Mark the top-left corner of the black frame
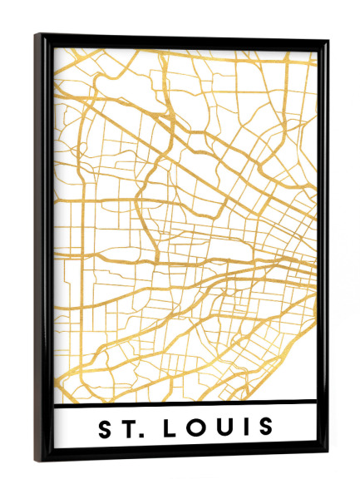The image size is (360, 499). tap(38, 35)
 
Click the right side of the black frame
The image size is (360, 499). tap(322, 249)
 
